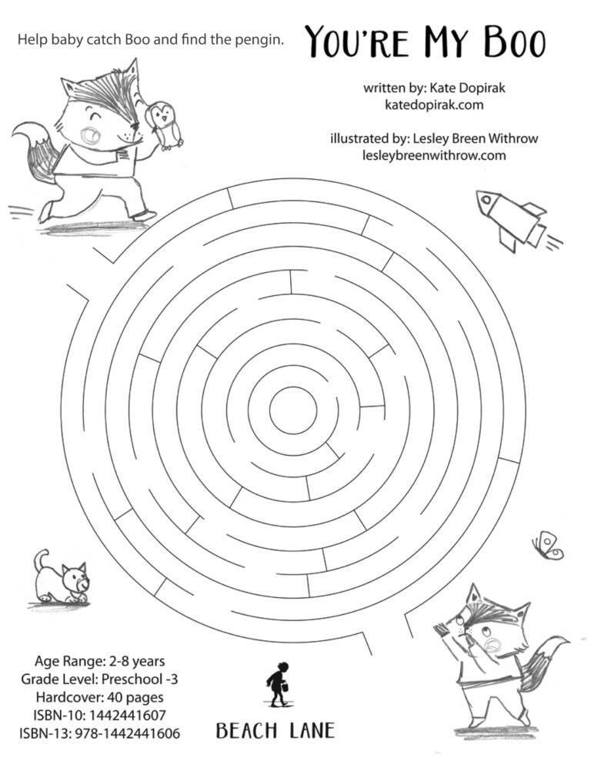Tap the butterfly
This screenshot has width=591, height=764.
(x=547, y=545)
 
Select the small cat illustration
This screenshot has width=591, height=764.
(x=62, y=577)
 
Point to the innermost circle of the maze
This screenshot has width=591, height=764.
(x=292, y=405)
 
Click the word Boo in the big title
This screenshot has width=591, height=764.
(x=508, y=42)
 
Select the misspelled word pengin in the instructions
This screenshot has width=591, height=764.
(x=259, y=39)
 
